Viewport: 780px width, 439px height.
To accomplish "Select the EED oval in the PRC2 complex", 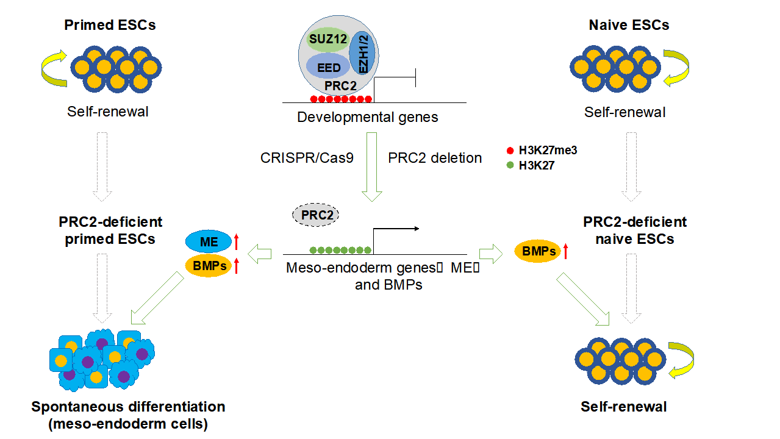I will tap(328, 66).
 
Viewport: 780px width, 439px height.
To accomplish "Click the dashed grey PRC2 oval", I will tap(316, 215).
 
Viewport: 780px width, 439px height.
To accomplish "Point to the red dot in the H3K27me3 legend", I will tap(510, 151).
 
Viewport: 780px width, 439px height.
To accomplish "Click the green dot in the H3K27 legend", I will tap(510, 165).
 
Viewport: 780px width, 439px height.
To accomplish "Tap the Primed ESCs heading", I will tap(110, 25).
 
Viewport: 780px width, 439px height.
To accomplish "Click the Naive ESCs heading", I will tap(629, 25).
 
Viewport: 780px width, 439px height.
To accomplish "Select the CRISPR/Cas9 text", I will tap(307, 158).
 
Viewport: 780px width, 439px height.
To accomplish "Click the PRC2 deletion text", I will tap(435, 158).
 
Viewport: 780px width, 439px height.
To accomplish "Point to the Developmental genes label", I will tap(367, 116).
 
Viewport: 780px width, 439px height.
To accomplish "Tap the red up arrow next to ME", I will tap(236, 243).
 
